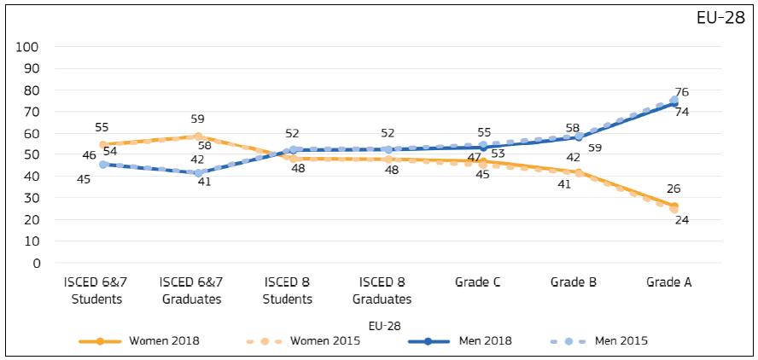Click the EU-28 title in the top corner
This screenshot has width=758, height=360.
tap(722, 20)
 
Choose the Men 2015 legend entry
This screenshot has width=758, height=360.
tap(620, 341)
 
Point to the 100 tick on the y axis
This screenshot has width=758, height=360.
tap(28, 47)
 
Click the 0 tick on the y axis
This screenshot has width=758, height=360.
tap(34, 263)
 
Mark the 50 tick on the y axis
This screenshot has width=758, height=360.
tap(32, 155)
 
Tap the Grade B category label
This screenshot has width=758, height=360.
tap(574, 283)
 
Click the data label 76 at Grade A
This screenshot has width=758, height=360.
tap(682, 92)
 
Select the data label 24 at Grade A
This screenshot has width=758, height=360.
tap(682, 220)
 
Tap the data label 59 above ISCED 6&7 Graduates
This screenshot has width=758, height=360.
tap(197, 119)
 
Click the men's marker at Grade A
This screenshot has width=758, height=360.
tap(673, 102)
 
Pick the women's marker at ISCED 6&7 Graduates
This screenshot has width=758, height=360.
tap(198, 136)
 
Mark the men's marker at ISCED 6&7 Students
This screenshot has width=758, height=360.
tap(103, 164)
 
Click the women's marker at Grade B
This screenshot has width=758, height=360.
tap(579, 173)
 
